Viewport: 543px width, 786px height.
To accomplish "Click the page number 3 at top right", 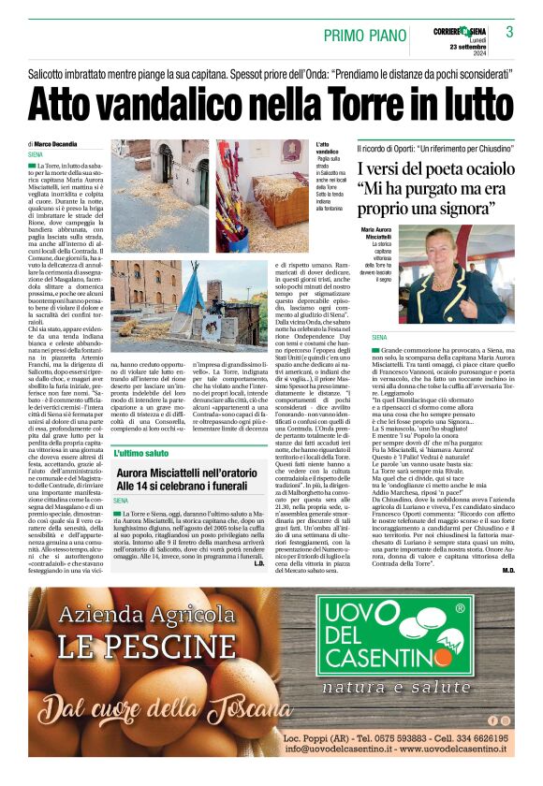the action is tap(508, 32).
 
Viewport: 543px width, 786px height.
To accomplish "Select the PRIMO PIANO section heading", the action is tap(370, 34).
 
